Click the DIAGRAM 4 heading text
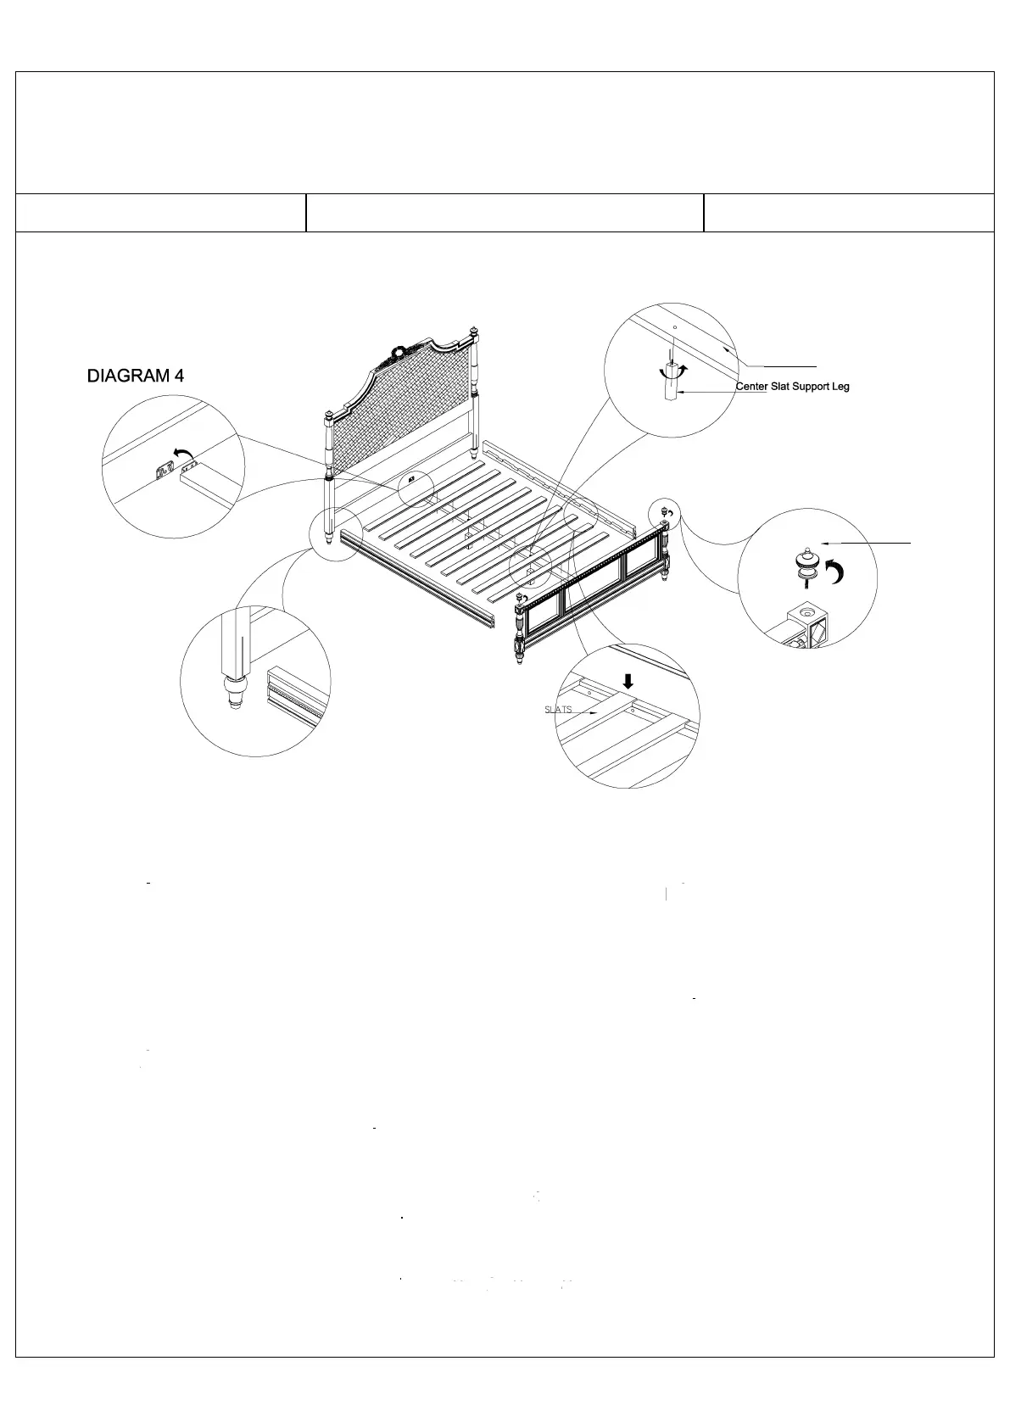click(x=136, y=376)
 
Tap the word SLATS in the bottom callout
click(x=558, y=709)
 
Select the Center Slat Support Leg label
click(x=792, y=387)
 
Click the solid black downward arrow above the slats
click(x=628, y=681)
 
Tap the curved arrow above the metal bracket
click(x=181, y=455)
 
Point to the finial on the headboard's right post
click(x=474, y=329)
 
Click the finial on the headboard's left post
click(x=328, y=416)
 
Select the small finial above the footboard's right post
click(x=663, y=510)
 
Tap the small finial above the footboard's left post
click(x=519, y=599)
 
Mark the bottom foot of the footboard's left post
click(x=518, y=659)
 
